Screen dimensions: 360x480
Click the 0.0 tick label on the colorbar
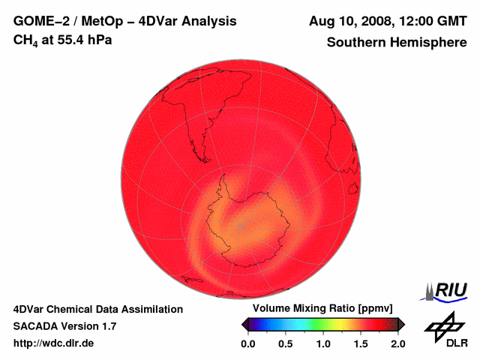click(247, 343)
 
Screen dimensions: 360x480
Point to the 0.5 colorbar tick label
click(285, 343)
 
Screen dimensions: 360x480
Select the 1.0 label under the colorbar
click(322, 343)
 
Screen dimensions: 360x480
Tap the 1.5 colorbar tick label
click(360, 343)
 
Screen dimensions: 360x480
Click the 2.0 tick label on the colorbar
click(397, 343)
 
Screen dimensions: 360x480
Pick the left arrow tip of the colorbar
click(243, 324)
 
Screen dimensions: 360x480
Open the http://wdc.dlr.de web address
click(54, 343)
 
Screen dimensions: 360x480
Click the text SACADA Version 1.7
click(64, 326)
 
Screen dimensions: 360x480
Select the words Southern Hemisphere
click(397, 43)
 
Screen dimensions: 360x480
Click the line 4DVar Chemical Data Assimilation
click(97, 309)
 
